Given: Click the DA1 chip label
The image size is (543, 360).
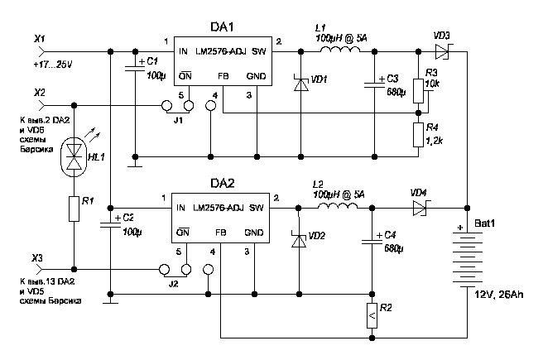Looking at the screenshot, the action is (222, 27).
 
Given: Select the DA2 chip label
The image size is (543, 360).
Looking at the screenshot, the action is (222, 183).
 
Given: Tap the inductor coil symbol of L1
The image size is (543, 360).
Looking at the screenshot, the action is (340, 50).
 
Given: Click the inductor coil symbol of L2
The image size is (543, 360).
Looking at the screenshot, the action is (338, 206).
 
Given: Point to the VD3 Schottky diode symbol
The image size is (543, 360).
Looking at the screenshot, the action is (442, 52).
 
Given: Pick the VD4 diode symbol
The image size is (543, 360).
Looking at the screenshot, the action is (420, 208).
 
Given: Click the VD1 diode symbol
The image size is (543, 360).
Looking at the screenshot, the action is (301, 84).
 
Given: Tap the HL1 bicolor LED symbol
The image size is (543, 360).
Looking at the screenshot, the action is (74, 156).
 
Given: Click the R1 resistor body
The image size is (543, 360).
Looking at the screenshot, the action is (74, 209).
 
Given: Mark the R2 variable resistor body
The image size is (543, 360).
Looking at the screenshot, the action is (372, 315).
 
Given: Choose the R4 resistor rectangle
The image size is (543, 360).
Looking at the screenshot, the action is (418, 135).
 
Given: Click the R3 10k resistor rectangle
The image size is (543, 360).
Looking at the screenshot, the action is (418, 91).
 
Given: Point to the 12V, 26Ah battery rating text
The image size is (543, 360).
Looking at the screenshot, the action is (498, 295).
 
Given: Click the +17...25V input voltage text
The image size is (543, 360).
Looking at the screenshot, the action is (53, 65).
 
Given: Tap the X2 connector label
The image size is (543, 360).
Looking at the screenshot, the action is (40, 93).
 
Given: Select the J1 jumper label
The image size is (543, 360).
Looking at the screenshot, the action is (178, 121).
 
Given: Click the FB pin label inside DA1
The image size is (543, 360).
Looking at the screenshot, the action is (223, 76).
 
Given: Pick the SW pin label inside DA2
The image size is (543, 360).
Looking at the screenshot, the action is (257, 208).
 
